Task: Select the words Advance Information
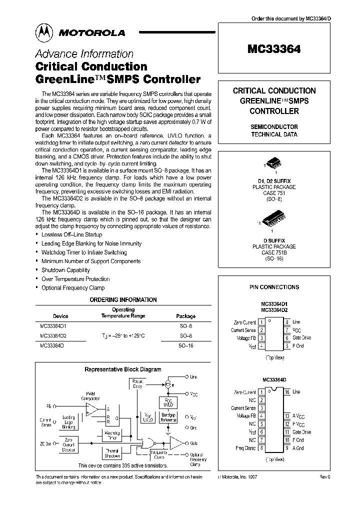(84, 54)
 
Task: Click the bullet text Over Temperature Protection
(75, 279)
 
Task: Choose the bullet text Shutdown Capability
(65, 270)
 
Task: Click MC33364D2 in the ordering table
(53, 335)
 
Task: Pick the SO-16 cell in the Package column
(185, 345)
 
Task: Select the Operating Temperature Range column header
(123, 313)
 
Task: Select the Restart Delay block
(137, 383)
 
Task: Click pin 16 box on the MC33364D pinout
(287, 392)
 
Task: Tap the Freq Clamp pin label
(245, 448)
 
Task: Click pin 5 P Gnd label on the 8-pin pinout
(298, 346)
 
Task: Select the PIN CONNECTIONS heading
(274, 287)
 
